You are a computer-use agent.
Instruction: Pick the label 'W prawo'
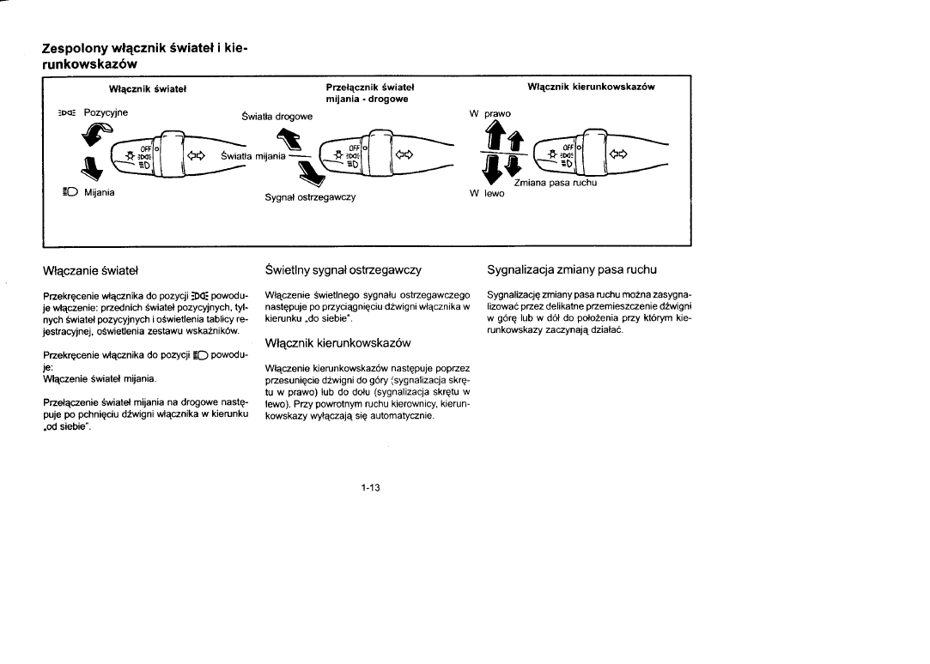(x=489, y=113)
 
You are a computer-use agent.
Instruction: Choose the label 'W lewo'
(x=488, y=193)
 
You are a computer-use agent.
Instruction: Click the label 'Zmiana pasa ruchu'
(x=556, y=183)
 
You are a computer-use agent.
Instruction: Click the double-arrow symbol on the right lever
(x=617, y=155)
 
